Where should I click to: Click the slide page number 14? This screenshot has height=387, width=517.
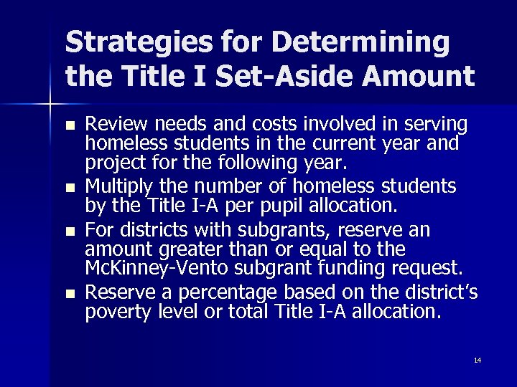[478, 360]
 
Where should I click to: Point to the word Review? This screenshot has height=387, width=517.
[113, 124]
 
